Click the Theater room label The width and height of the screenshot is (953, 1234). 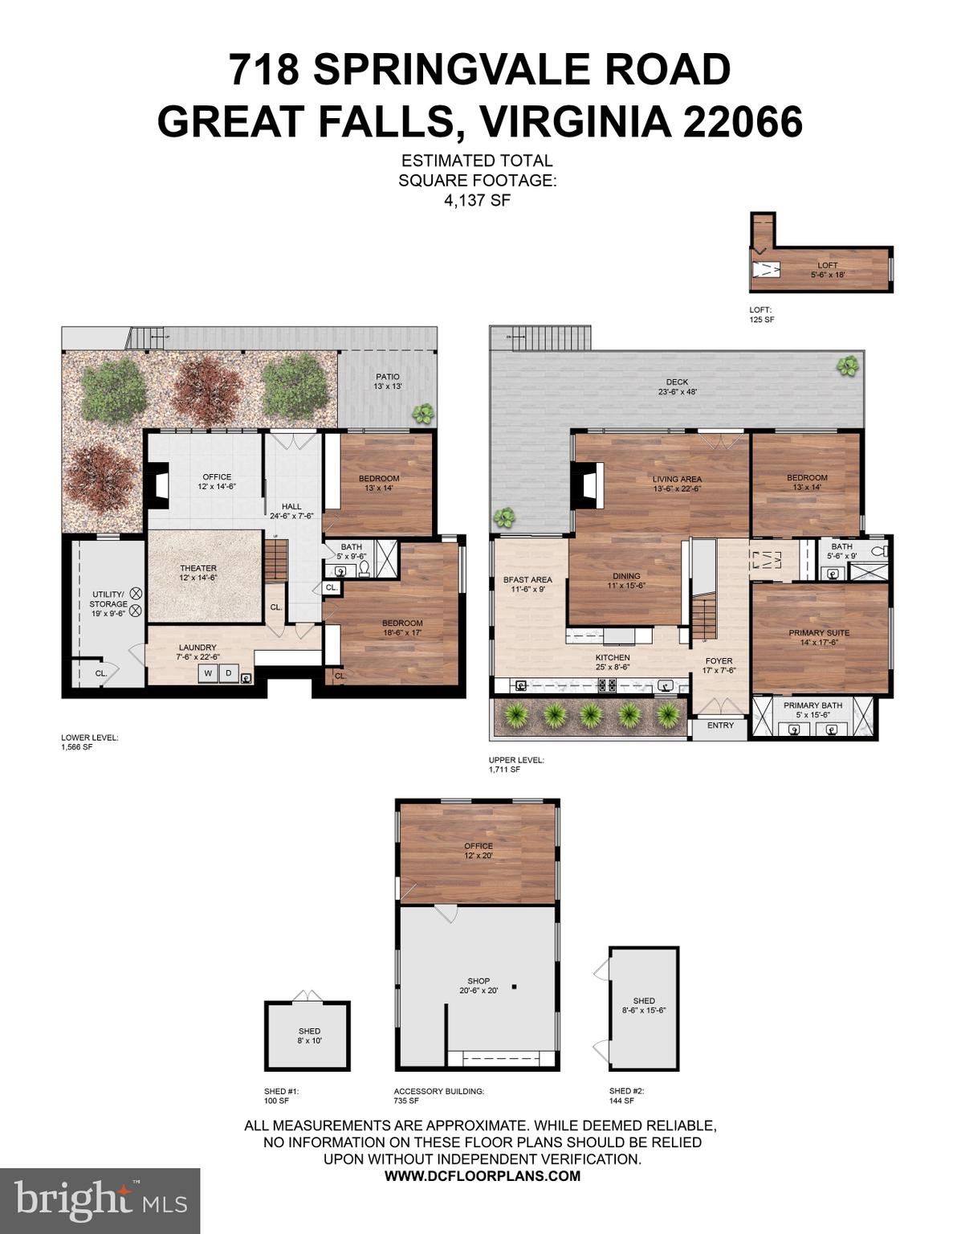point(198,573)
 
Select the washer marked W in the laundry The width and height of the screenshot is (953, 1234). point(208,673)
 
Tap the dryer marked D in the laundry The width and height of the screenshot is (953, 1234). point(228,673)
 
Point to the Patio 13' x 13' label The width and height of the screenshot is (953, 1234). point(387,382)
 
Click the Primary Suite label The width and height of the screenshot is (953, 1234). point(818,637)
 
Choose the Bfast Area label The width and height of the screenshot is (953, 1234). point(527,584)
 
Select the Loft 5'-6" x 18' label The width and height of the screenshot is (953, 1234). point(827,270)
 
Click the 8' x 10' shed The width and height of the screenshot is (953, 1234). point(308,1036)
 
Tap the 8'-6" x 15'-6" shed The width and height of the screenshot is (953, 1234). point(643,1006)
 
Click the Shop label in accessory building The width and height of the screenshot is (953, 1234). point(479,986)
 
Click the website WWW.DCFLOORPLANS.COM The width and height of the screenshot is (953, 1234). point(482,1176)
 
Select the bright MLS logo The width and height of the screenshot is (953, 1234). point(100,1200)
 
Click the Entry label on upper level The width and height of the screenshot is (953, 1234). point(720,725)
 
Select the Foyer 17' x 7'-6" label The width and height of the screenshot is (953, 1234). point(719,665)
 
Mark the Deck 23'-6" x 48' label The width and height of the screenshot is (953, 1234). point(677,387)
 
